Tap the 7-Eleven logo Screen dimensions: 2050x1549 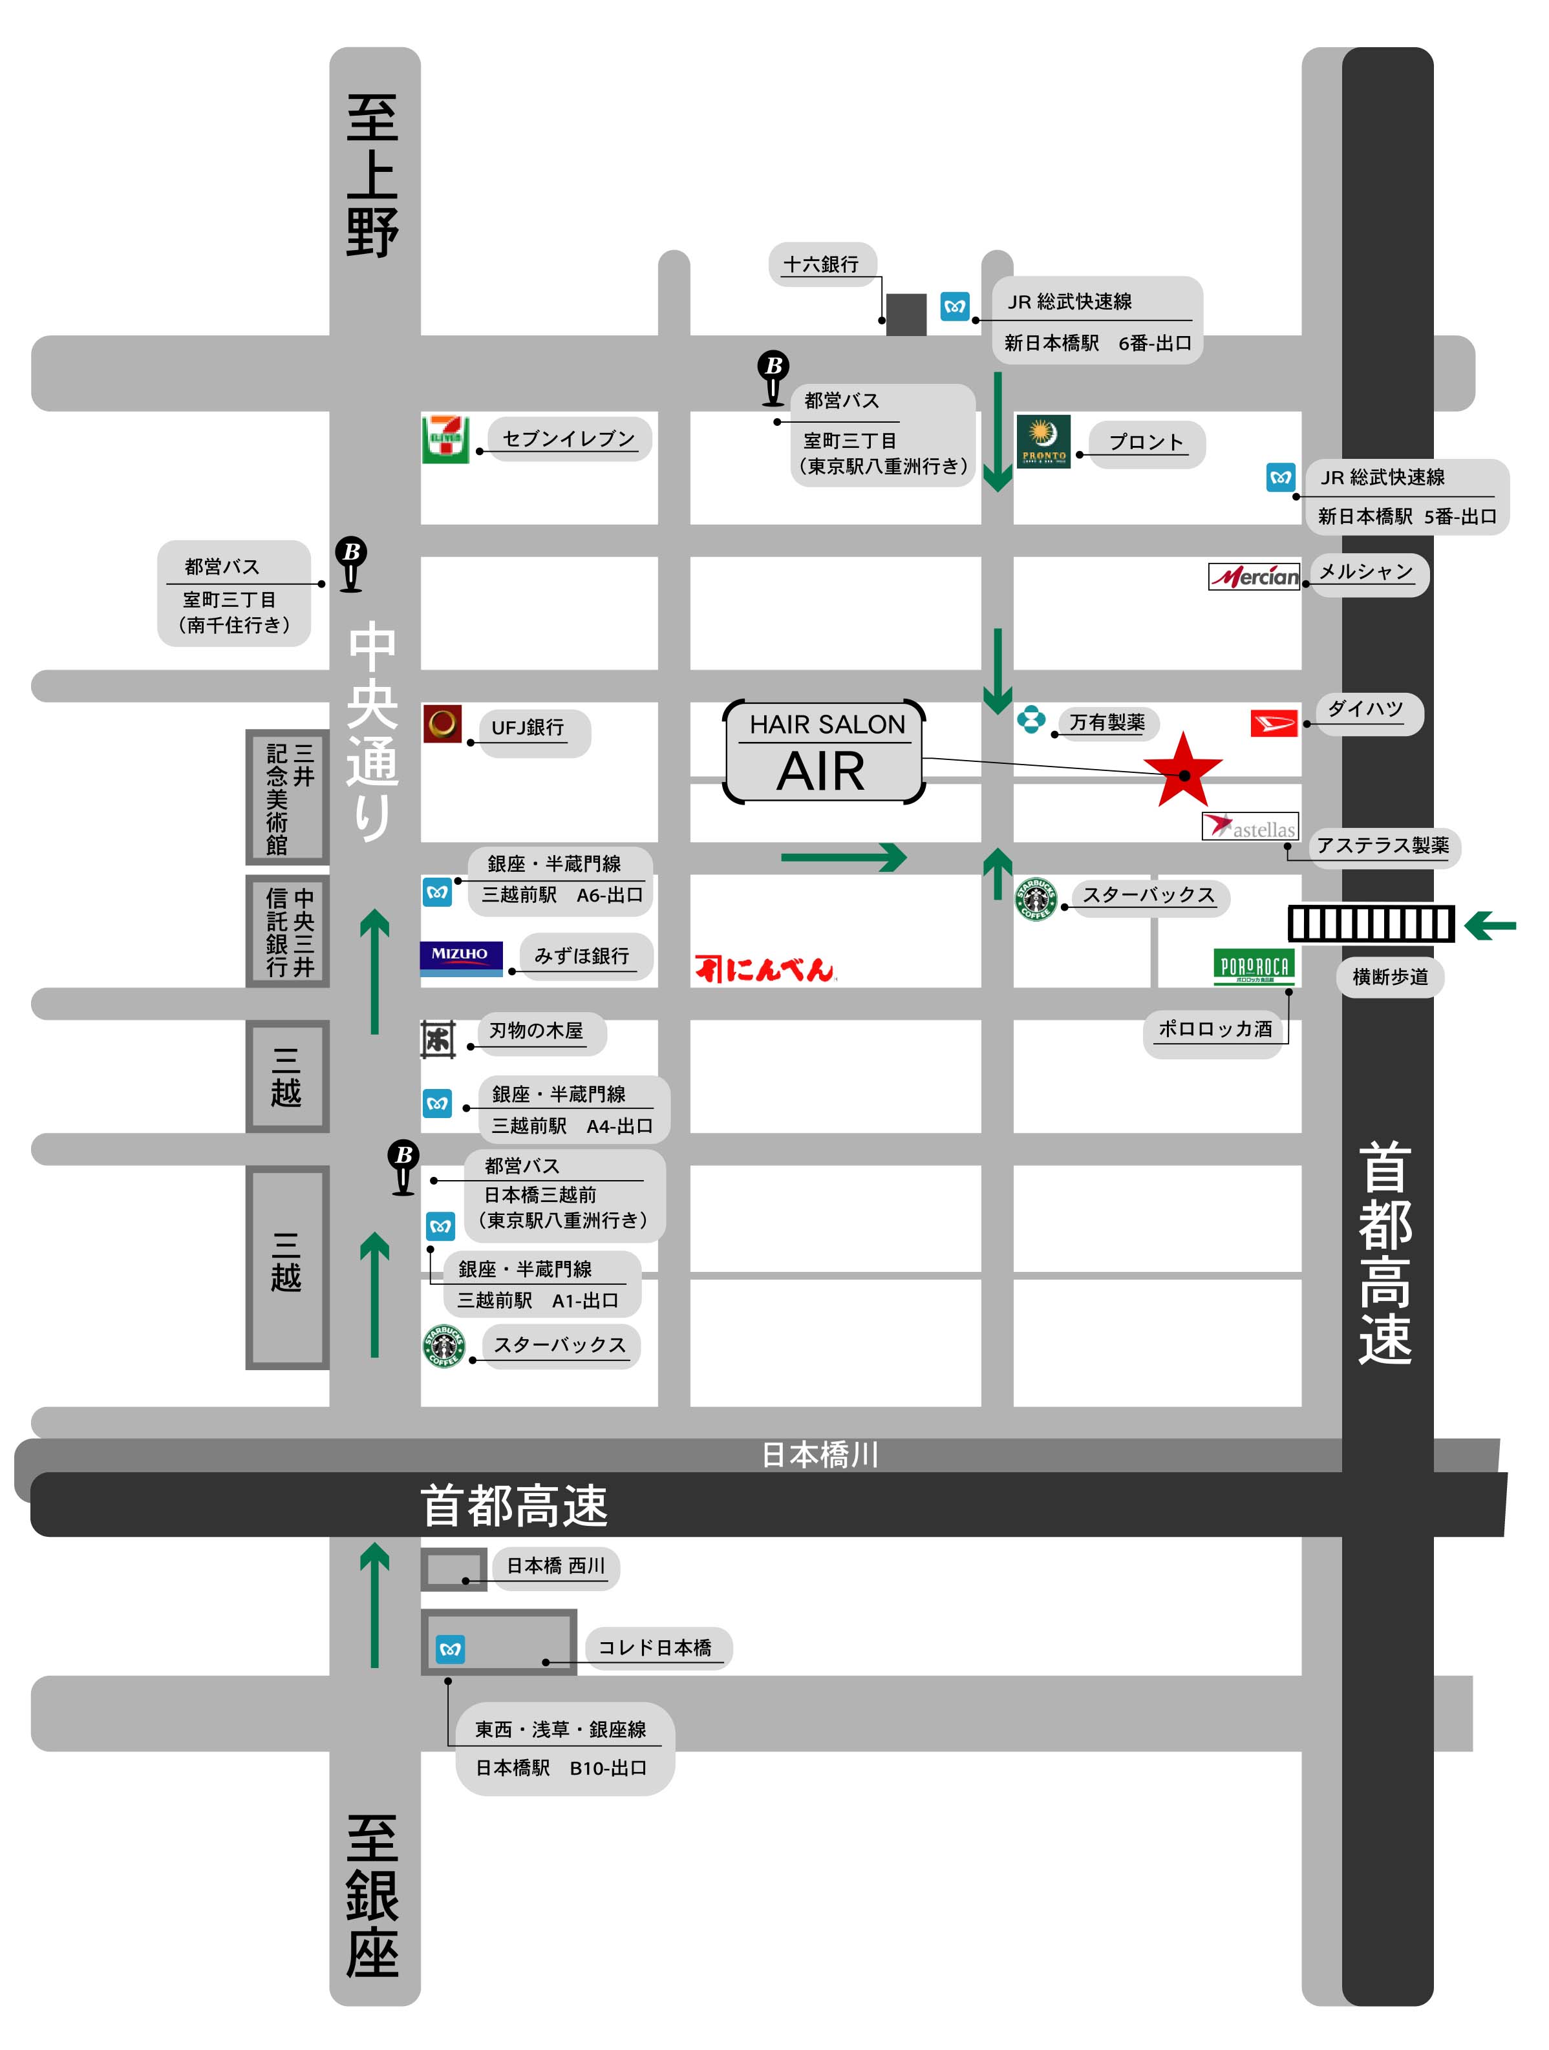tap(446, 438)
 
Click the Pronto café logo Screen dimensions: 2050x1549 tap(1043, 441)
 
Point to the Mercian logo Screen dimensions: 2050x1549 tap(1254, 576)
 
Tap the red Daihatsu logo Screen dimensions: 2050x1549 tap(1274, 723)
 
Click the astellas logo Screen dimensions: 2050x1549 tap(1250, 827)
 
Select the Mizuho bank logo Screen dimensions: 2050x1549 tap(461, 957)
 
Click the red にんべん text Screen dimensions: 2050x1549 tap(765, 969)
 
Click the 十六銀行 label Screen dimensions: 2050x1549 tap(821, 265)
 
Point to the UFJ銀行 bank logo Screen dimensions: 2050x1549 tap(442, 724)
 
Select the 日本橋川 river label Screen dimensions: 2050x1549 tap(820, 1454)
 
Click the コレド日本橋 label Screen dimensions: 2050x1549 tap(656, 1647)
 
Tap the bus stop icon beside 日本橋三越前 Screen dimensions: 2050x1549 tap(403, 1166)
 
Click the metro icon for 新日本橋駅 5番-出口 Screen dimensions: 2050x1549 tap(1280, 478)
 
